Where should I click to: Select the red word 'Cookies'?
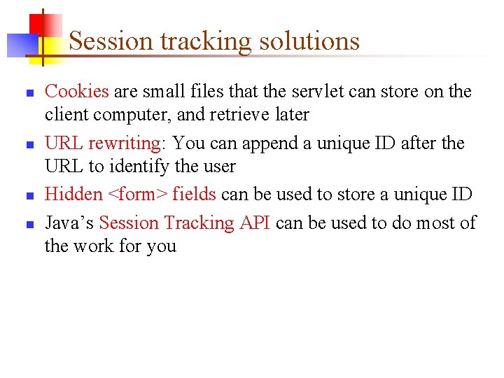point(77,91)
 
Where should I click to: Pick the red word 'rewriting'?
point(125,143)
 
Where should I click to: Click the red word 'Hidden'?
point(73,195)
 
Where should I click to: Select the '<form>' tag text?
point(138,195)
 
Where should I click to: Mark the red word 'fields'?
point(195,195)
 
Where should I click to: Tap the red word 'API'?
point(253,223)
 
